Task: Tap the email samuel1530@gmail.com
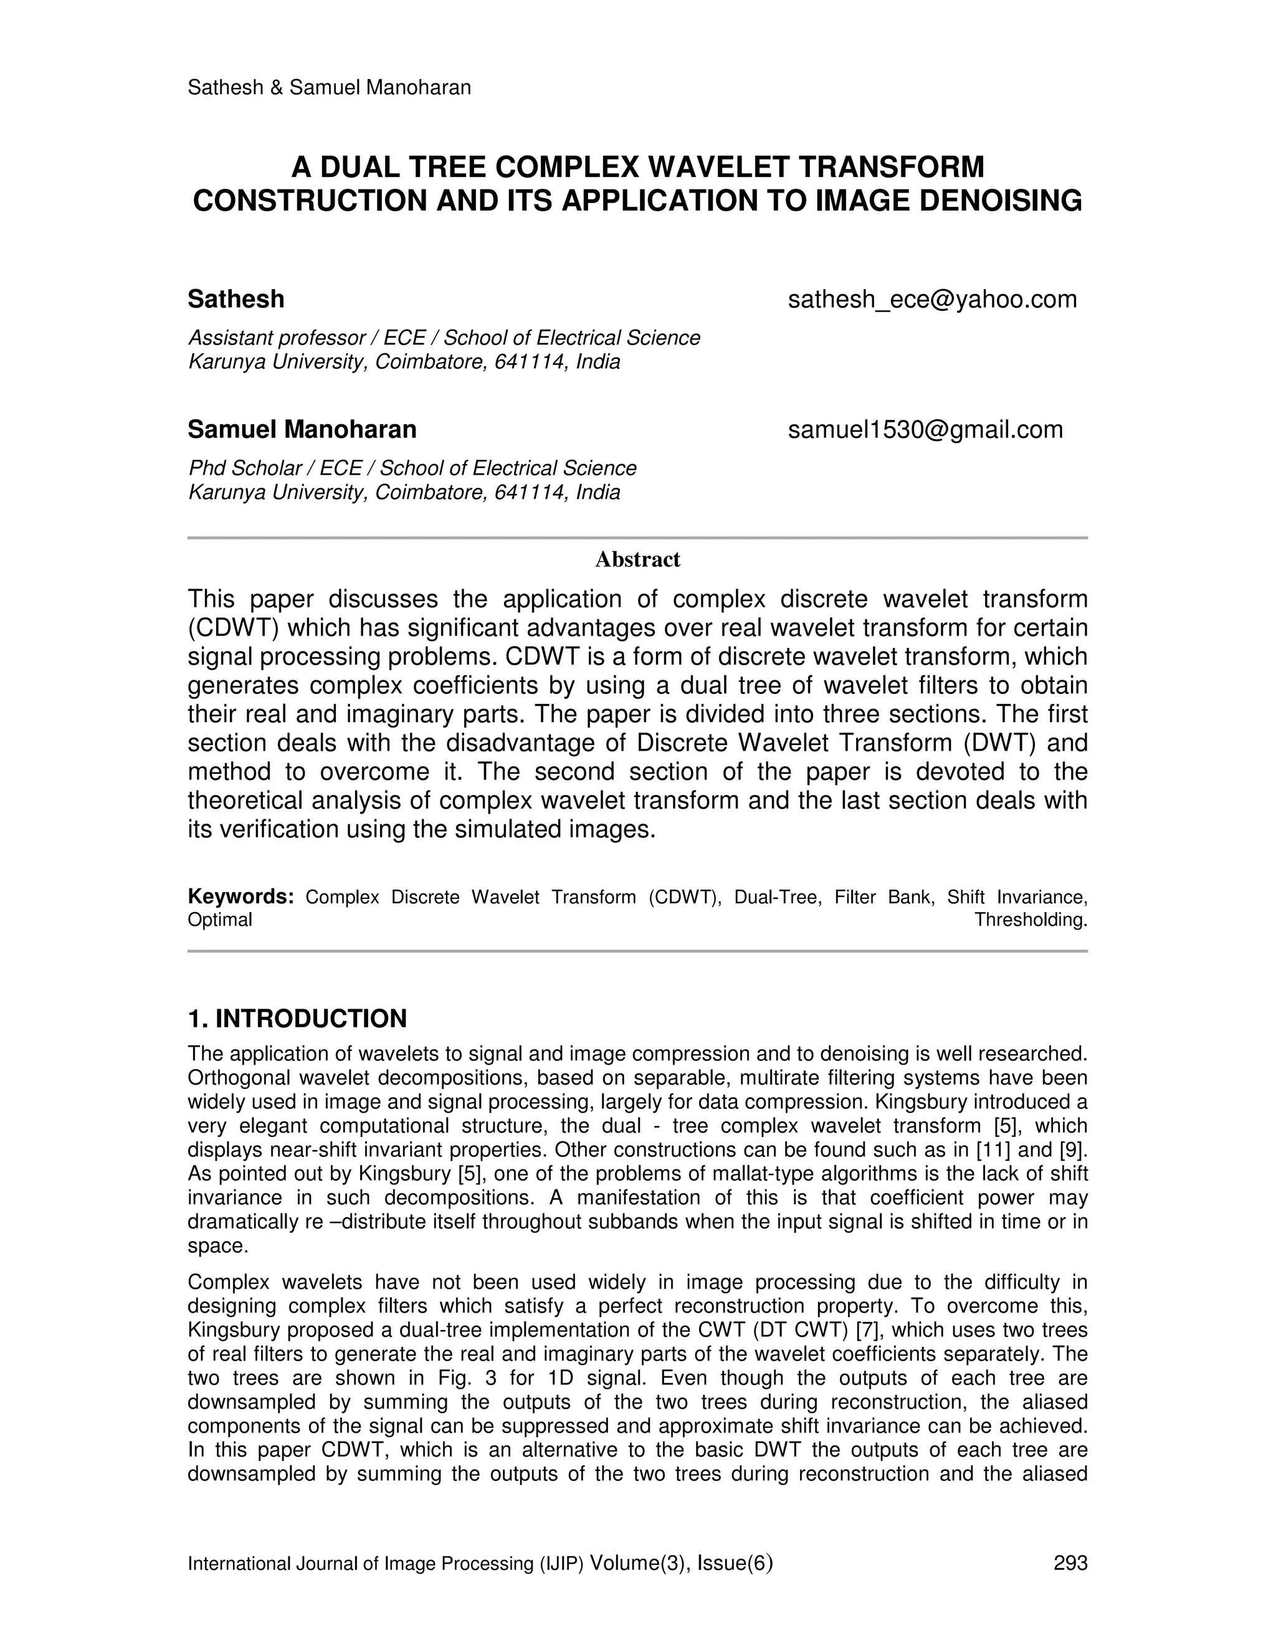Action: click(925, 429)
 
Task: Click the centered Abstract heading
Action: click(637, 559)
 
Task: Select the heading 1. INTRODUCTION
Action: click(297, 1018)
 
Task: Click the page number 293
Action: click(1070, 1563)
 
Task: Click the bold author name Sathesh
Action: click(236, 299)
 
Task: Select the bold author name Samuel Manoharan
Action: click(302, 429)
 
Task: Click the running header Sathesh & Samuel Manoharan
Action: click(329, 88)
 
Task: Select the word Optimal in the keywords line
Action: click(220, 920)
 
